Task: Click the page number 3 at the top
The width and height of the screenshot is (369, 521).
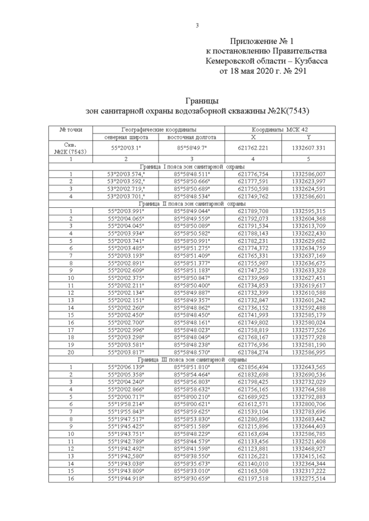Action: click(x=197, y=25)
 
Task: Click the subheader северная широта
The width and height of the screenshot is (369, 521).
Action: click(x=126, y=138)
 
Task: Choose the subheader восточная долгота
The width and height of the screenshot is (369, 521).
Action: click(x=191, y=138)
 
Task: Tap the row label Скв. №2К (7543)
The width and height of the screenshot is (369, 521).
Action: click(x=70, y=148)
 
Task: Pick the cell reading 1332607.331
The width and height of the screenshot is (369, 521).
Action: click(x=308, y=148)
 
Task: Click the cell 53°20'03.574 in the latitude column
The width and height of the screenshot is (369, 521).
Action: click(x=126, y=173)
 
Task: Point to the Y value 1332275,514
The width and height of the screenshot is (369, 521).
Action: click(x=308, y=478)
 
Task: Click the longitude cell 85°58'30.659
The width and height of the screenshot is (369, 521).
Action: click(x=191, y=478)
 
